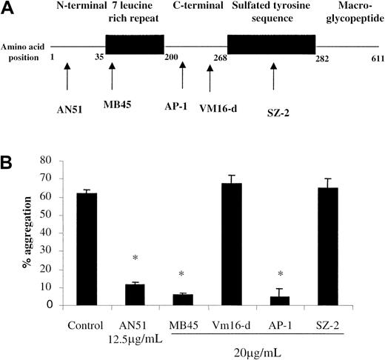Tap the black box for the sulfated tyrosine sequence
tap(276, 47)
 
